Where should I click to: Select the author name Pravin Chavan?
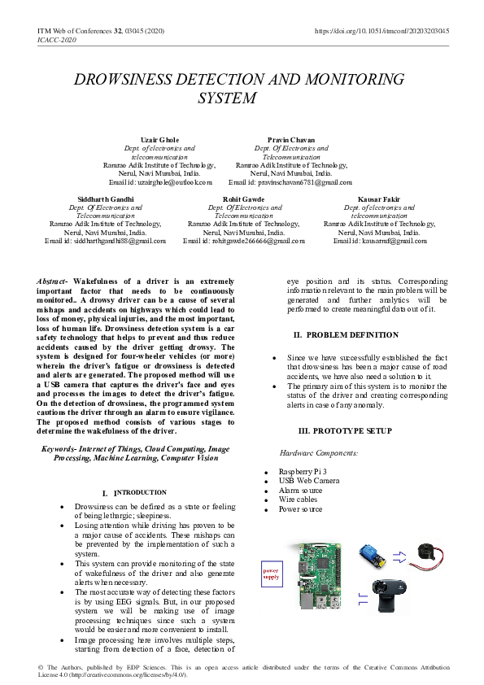point(290,140)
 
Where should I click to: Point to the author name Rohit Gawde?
point(243,199)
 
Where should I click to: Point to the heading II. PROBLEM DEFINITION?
point(347,334)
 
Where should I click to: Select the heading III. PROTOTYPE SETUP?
point(345,430)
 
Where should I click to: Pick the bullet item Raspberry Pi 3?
point(303,472)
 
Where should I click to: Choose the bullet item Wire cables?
point(298,500)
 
